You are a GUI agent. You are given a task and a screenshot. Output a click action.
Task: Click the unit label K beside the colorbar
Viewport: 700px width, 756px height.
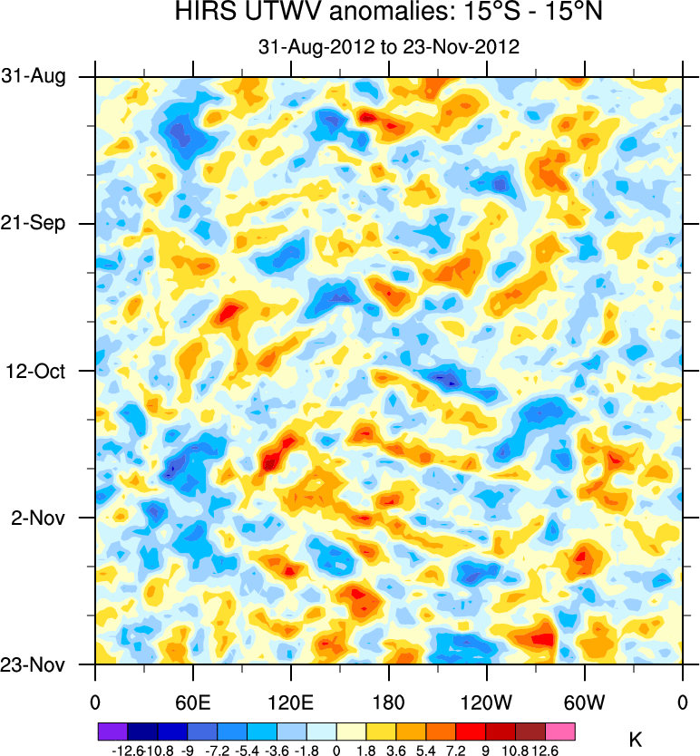[x=635, y=740]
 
